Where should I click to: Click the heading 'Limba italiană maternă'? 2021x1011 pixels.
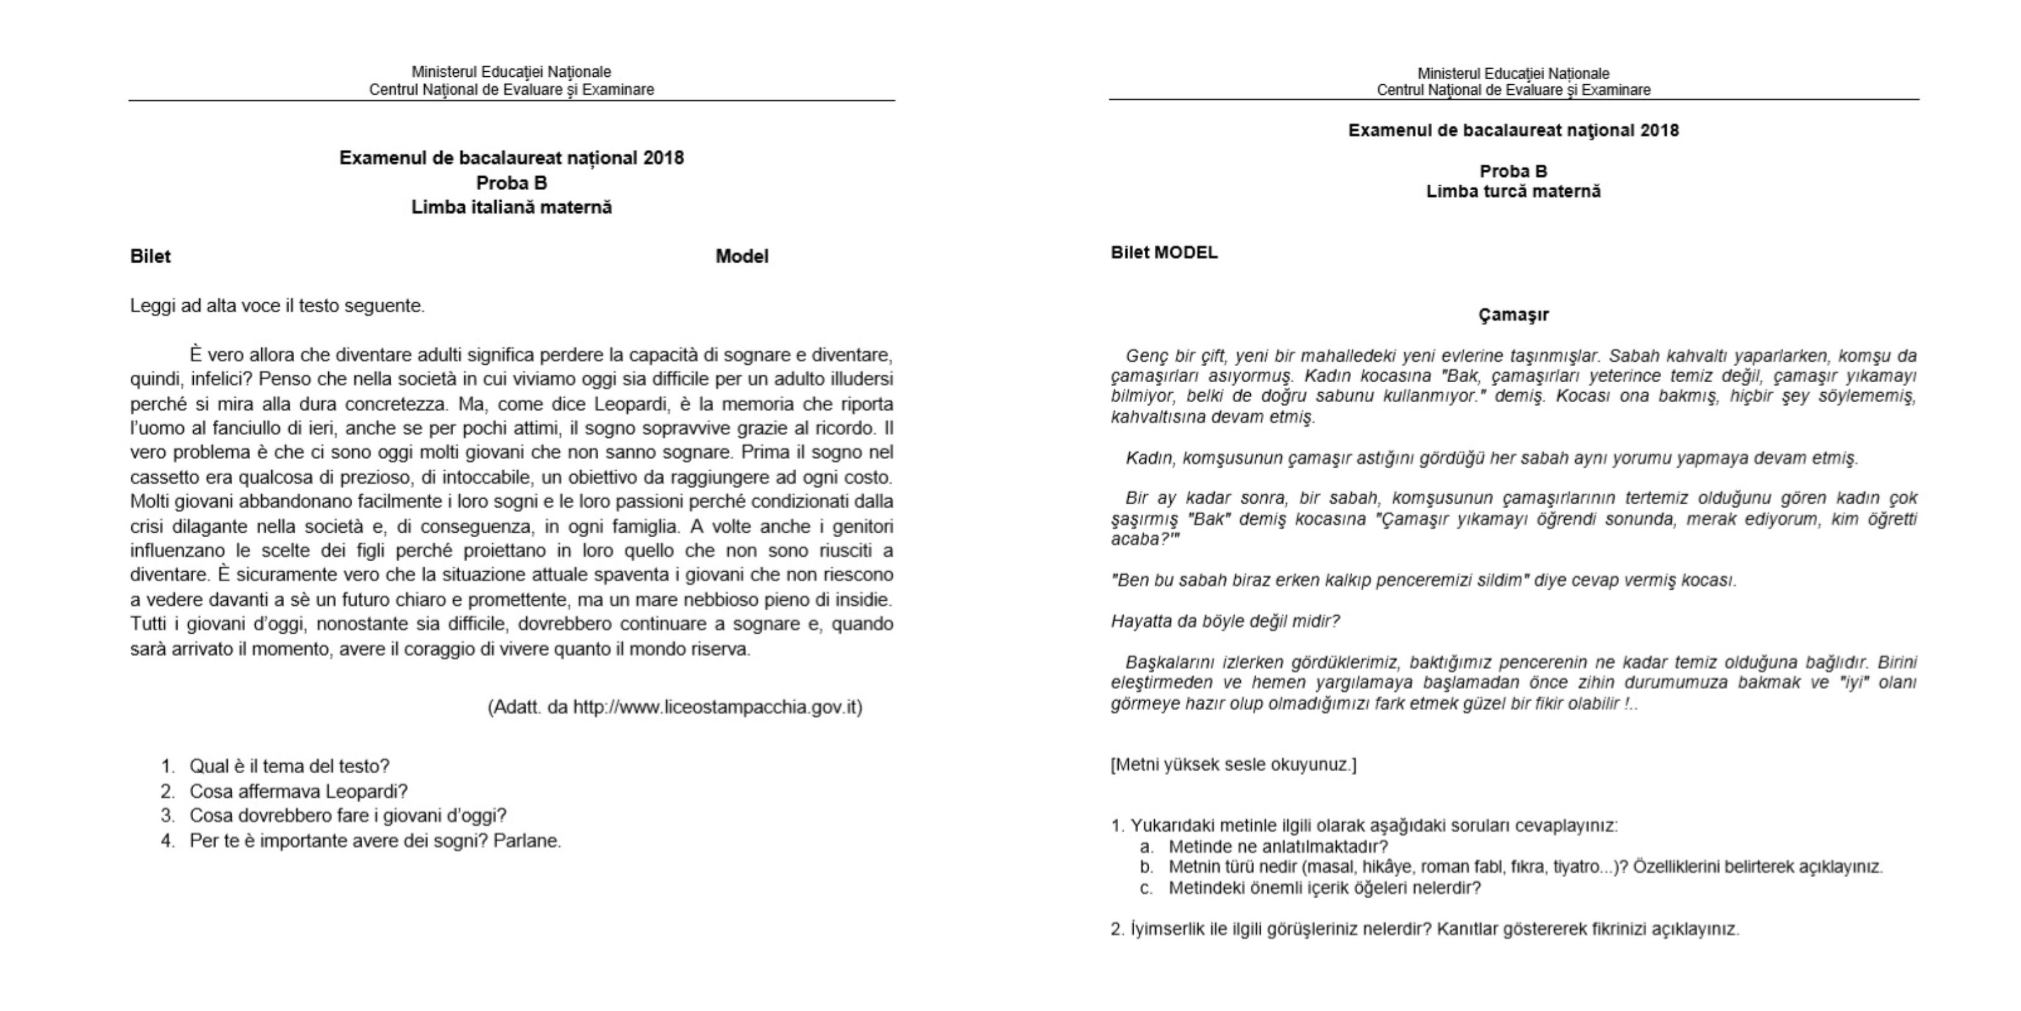(x=511, y=208)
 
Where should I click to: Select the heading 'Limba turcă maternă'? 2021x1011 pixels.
(x=1513, y=191)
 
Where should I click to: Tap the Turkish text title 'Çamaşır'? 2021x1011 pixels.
(x=1513, y=315)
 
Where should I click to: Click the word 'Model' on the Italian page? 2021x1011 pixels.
(x=741, y=256)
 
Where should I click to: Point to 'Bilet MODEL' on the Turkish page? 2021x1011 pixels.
(x=1164, y=253)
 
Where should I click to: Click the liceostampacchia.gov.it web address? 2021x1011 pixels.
(x=717, y=707)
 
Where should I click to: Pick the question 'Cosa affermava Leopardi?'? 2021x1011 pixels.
(x=298, y=791)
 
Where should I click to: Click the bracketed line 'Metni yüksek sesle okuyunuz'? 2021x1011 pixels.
(x=1233, y=764)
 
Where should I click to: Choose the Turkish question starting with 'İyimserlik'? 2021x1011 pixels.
(x=1424, y=929)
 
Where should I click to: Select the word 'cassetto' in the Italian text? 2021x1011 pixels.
(x=165, y=477)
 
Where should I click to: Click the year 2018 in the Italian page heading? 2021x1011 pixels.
(x=664, y=159)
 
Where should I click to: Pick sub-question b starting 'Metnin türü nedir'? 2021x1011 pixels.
(x=1524, y=867)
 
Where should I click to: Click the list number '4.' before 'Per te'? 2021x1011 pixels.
(x=168, y=841)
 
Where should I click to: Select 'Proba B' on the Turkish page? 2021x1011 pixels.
(x=1513, y=171)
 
